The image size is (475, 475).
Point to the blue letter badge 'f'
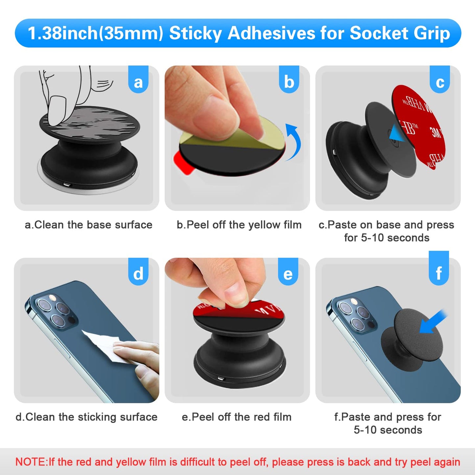[439, 270]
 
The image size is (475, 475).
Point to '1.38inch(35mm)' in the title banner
[95, 34]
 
